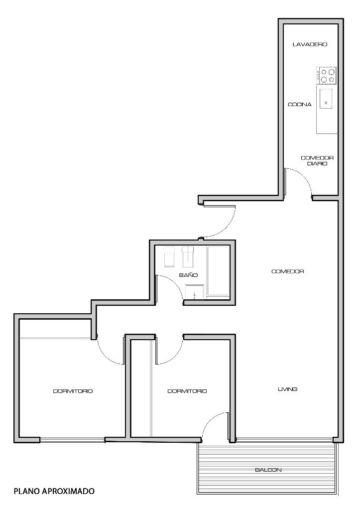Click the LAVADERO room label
(310, 44)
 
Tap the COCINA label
(300, 105)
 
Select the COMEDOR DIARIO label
(317, 161)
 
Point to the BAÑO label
(188, 275)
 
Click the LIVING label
(287, 389)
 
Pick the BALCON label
(268, 470)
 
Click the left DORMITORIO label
(73, 391)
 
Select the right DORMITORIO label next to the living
(187, 391)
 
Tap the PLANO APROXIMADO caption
(54, 491)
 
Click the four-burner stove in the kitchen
(326, 75)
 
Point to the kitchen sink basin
(326, 99)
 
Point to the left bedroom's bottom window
(72, 440)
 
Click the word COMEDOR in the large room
(287, 271)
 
